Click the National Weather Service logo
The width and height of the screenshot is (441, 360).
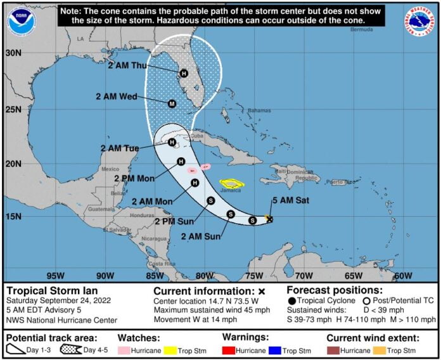click(418, 22)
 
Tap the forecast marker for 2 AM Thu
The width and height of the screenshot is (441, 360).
click(184, 74)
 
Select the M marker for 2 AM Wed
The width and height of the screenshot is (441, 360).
click(172, 103)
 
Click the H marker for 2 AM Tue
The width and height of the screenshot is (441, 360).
click(172, 143)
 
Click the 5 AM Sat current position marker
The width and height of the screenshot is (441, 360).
click(270, 219)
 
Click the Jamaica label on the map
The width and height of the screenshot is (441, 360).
click(232, 190)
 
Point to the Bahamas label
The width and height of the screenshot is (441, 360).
click(259, 110)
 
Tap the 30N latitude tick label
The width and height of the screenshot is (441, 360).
click(13, 53)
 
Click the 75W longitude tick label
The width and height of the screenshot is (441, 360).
click(253, 276)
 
